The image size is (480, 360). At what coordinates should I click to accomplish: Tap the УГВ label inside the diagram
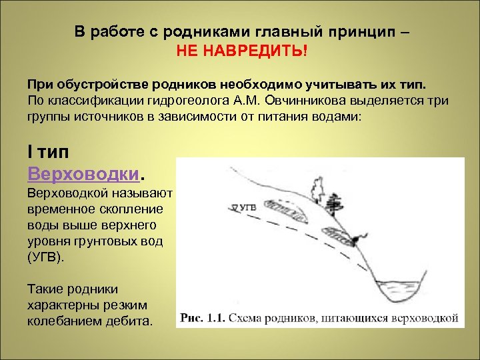tap(247, 207)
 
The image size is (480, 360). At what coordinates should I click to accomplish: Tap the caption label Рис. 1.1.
tap(201, 318)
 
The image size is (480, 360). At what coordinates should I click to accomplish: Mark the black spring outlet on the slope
tap(361, 237)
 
